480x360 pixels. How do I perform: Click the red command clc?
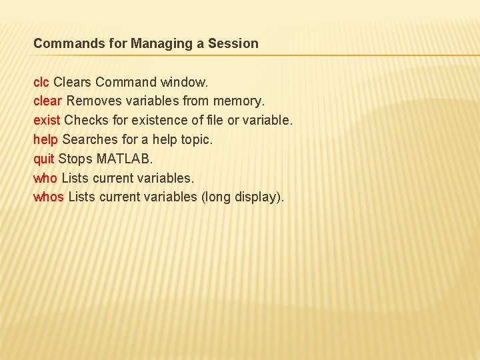coord(41,82)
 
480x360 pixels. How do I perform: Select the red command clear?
coord(48,101)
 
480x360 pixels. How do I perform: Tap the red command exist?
coord(47,121)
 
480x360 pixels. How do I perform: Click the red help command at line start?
coord(46,140)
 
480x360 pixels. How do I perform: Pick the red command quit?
coord(44,159)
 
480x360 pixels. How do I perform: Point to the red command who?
coord(45,179)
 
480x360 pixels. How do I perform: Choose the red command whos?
coord(49,197)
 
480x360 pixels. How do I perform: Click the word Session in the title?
coord(233,44)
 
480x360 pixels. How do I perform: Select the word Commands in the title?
coord(64,44)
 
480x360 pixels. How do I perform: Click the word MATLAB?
coord(125,159)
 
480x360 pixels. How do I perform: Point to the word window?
coord(185,82)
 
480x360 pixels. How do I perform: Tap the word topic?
coord(197,140)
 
